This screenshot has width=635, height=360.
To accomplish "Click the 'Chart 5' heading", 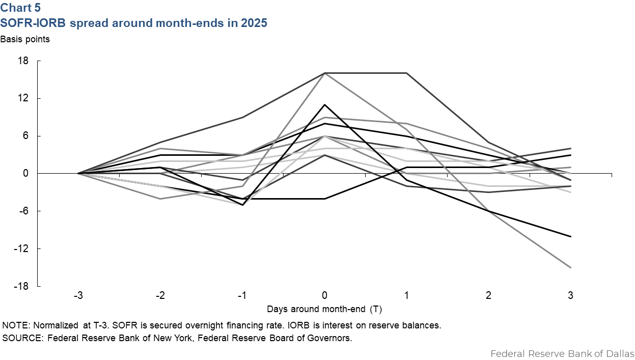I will point(21,8).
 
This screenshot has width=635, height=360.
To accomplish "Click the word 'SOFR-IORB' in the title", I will point(30,23).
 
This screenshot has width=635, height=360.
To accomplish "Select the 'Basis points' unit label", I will point(25,39).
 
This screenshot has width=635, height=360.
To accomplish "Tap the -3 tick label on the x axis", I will point(78,296).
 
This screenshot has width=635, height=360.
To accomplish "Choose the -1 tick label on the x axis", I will point(242,296).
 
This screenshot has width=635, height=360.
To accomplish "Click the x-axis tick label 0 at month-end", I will point(324,296).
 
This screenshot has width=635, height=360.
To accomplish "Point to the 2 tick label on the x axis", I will point(488,296).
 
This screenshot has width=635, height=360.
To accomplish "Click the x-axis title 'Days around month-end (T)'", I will point(324,309).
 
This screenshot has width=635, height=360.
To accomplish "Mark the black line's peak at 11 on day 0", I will point(324,105).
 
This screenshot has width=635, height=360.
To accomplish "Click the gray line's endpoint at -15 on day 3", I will point(570,267).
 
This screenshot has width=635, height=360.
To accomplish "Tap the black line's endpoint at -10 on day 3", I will point(570,236).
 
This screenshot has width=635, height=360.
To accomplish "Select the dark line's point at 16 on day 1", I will point(406,73).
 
